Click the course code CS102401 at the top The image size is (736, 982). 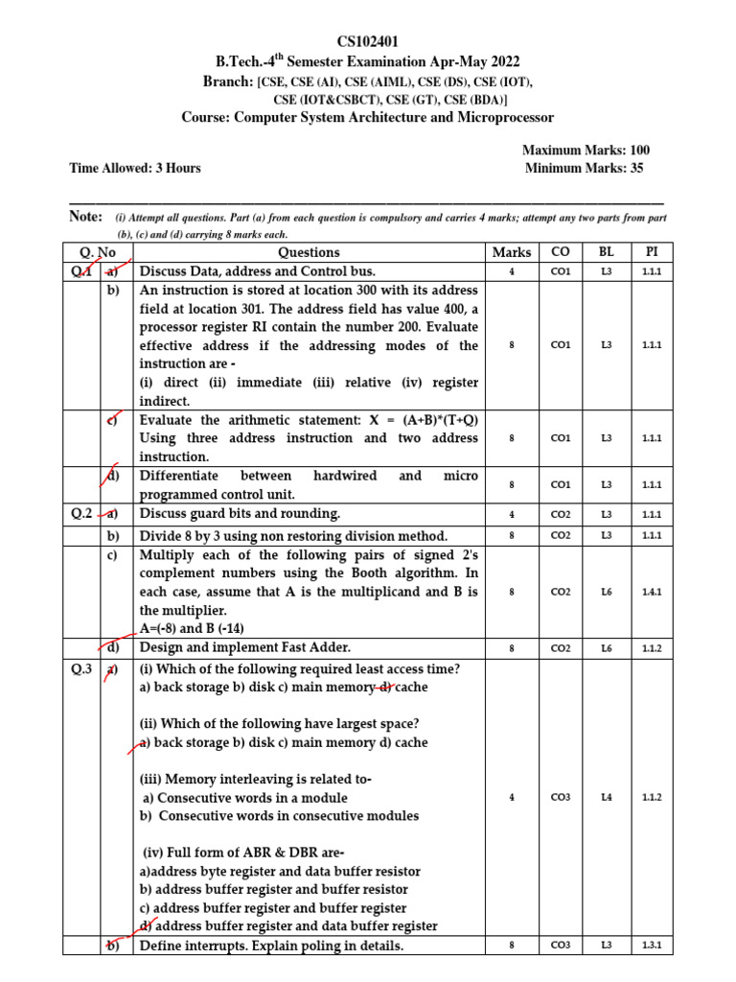coord(367,41)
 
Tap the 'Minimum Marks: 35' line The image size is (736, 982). coord(585,168)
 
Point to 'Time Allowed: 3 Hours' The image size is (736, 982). coord(135,168)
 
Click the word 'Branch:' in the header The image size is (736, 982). coord(228,82)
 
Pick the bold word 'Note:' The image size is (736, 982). coord(86,217)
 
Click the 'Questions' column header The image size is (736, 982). coord(309,252)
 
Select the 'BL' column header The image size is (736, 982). coord(606,252)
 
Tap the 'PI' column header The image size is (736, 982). coord(652,252)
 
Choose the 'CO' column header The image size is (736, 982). coord(561,252)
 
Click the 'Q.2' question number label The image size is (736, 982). coord(82,514)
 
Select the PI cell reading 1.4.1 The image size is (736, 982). coord(652,592)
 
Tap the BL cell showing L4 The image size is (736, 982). coord(606,798)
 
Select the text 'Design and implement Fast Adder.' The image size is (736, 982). coord(245,647)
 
